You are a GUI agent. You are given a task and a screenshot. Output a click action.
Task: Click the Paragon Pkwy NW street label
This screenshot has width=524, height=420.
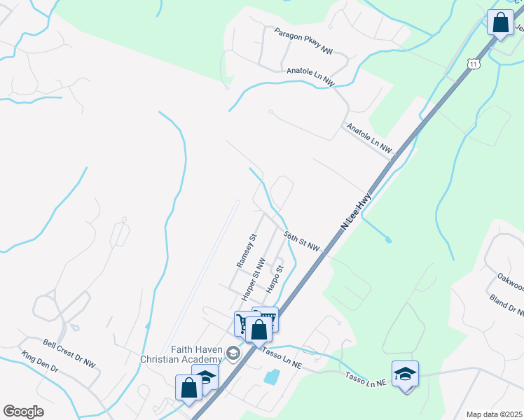[x=303, y=41]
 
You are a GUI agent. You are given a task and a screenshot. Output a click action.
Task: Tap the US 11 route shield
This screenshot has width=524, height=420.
[x=474, y=64]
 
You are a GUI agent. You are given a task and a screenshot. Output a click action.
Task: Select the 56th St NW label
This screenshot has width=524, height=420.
[x=302, y=241]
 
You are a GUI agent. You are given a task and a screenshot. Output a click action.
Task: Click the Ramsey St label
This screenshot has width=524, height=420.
[x=247, y=251]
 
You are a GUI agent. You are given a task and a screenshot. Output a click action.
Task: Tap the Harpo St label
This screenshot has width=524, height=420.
[x=274, y=279]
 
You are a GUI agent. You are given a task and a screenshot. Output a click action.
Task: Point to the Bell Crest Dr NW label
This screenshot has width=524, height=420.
[x=69, y=353]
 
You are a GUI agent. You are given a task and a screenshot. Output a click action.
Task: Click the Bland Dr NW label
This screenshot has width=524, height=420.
[x=507, y=306]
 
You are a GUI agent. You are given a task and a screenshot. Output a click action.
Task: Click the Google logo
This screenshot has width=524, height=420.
[x=23, y=411]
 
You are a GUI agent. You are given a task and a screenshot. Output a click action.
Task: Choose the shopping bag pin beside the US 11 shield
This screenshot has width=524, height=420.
[x=501, y=22]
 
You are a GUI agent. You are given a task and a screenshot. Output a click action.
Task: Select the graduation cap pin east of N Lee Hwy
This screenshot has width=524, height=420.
[x=405, y=374]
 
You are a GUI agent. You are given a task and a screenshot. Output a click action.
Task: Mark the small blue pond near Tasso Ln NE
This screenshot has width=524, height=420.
[x=271, y=377]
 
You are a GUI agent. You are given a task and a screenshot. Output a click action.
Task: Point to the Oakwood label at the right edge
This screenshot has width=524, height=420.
[x=509, y=286]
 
